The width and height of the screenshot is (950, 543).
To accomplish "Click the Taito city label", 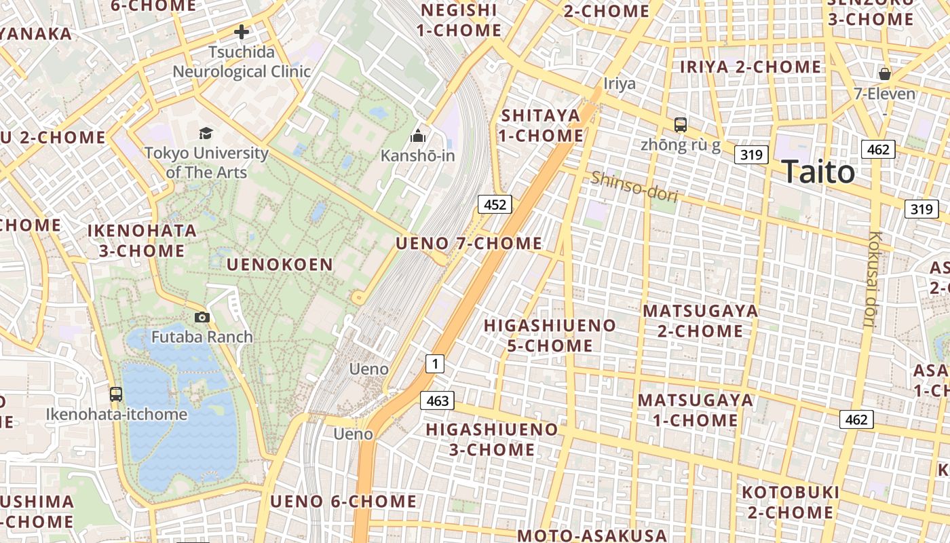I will coord(818,172).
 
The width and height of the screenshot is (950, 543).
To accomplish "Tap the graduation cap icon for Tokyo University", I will coord(206,133).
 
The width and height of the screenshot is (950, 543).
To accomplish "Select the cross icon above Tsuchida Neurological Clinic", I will coord(241,32).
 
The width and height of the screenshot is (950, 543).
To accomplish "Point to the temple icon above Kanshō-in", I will coord(418,136).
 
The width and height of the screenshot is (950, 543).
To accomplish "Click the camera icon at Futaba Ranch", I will coord(202,317).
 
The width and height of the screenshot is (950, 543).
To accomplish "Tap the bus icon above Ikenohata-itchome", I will coord(116,394).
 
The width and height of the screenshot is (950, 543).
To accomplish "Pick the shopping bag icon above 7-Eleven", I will coord(885,73).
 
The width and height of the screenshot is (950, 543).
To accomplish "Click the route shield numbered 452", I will coord(494,204).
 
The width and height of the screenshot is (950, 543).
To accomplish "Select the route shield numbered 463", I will coord(437,400).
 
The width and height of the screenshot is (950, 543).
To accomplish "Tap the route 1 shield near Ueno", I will coord(434,364).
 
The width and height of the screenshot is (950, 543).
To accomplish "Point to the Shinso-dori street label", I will coord(634,187).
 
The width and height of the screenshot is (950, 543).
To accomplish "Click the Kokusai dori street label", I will coord(873,279).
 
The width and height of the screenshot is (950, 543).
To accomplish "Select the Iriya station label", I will coord(620,83).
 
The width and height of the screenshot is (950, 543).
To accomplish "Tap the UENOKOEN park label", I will coord(280,265).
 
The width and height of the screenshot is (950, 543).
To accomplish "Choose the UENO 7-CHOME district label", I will coord(469,243).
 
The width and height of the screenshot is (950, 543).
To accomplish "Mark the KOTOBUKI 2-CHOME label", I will coord(790,502).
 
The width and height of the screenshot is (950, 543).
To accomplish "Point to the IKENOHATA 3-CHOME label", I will coord(142,240).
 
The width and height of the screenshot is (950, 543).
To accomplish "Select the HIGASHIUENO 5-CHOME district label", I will coord(550,335).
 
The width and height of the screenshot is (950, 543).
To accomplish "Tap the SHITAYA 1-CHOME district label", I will coord(541,125).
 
